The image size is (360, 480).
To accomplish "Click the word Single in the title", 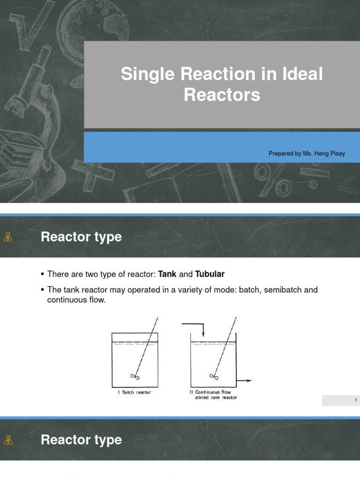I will click(x=144, y=75).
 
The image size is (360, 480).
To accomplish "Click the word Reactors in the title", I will click(x=222, y=95).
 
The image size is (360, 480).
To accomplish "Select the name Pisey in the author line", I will click(x=337, y=153).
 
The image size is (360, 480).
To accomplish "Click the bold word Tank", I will click(x=168, y=274).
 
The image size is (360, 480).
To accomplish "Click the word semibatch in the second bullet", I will click(x=284, y=290).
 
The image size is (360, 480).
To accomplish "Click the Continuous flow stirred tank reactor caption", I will click(x=210, y=395).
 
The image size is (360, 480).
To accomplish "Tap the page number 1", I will click(x=356, y=400).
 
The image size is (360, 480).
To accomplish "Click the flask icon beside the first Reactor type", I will click(x=7, y=237).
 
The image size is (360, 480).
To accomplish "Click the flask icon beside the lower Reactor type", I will click(x=7, y=440).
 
